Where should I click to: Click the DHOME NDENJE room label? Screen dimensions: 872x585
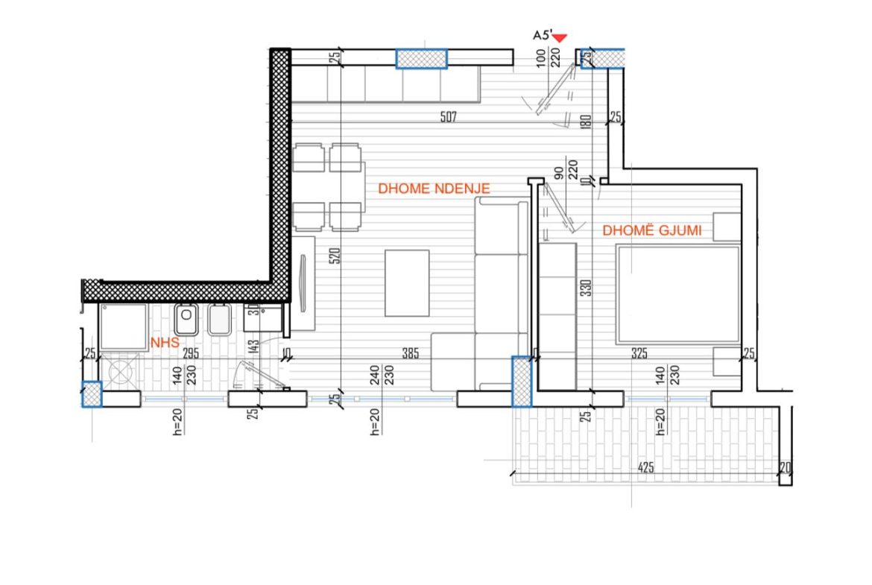click(434, 189)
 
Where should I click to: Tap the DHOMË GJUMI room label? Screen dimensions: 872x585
click(652, 230)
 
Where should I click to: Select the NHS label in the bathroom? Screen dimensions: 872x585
click(165, 343)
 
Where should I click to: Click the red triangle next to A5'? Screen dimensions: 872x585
click(560, 38)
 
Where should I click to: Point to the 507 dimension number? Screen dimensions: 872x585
click(448, 117)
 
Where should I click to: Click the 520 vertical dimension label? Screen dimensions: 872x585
click(334, 256)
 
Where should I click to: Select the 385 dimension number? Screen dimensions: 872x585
click(411, 353)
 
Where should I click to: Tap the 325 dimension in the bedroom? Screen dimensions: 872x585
click(639, 353)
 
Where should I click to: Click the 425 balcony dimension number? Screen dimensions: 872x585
click(645, 468)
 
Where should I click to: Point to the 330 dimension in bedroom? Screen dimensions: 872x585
click(586, 288)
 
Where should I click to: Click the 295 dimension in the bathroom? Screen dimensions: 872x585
click(191, 353)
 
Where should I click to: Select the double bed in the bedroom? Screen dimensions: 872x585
click(678, 294)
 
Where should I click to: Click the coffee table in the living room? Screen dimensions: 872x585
click(407, 283)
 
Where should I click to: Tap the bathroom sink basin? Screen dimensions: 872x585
click(186, 320)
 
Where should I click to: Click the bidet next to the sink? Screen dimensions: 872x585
click(219, 320)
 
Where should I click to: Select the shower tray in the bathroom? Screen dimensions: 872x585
click(124, 327)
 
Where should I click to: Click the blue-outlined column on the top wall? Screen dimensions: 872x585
click(422, 58)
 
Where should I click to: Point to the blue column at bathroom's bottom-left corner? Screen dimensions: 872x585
click(92, 394)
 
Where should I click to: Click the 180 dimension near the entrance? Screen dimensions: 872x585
click(586, 121)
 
